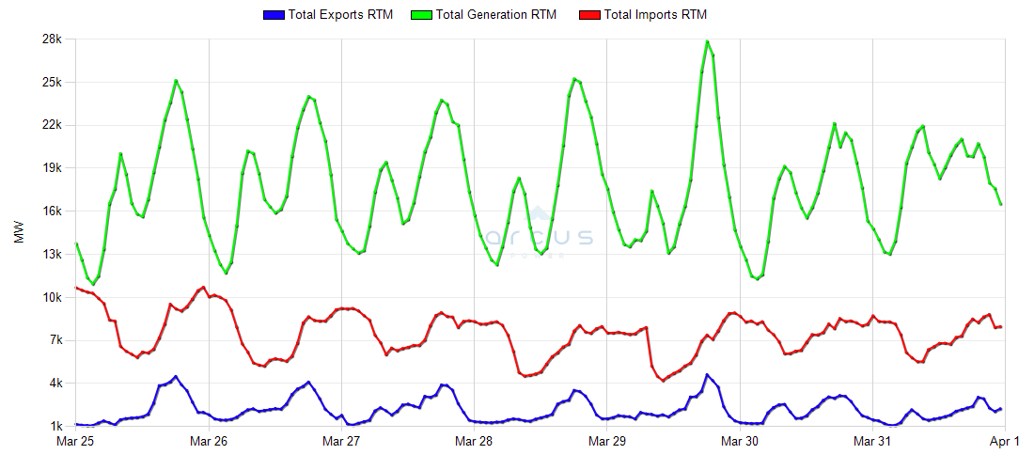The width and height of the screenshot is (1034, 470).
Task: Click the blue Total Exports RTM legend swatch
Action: click(x=274, y=15)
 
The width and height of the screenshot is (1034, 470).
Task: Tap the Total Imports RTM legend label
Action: click(x=655, y=15)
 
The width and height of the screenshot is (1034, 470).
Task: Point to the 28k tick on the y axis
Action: click(x=50, y=39)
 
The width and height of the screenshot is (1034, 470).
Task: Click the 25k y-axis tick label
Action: click(x=50, y=83)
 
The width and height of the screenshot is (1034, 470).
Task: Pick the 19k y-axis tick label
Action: click(x=50, y=168)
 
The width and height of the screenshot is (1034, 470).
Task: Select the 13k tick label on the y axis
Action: click(x=50, y=255)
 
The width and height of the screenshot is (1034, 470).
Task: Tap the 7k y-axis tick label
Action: click(x=53, y=340)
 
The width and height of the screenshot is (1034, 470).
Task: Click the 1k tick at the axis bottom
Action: click(x=53, y=427)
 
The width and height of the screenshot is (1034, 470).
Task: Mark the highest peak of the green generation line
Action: click(x=707, y=41)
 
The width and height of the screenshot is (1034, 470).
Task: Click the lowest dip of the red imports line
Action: click(x=664, y=381)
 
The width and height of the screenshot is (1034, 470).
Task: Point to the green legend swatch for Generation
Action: click(x=422, y=15)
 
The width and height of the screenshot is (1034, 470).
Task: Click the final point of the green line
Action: click(x=1001, y=204)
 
